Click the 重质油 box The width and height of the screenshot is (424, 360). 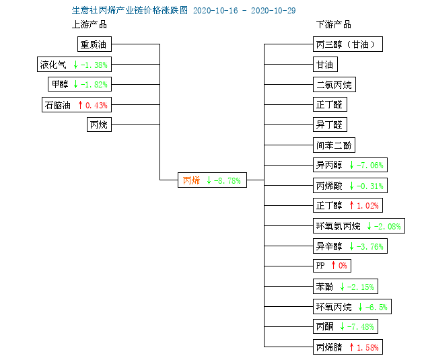(94, 44)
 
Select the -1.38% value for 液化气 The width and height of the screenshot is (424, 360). (94, 65)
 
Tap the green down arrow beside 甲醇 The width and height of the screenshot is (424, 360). (75, 84)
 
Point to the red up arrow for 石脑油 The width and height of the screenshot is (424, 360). (80, 105)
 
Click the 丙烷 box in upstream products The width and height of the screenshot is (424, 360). (99, 124)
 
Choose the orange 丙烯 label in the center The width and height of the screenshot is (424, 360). (191, 180)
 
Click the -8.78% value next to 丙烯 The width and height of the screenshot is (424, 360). (227, 180)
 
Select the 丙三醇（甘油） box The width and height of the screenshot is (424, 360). (348, 44)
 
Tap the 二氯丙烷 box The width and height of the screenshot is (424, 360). (334, 85)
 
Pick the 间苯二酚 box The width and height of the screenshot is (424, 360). (334, 145)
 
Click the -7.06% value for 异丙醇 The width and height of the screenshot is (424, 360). (370, 165)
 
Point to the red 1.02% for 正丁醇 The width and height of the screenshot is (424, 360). (367, 206)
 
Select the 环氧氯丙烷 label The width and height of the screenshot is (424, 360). (339, 226)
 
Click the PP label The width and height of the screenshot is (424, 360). (320, 266)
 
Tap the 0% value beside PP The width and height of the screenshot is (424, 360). (343, 266)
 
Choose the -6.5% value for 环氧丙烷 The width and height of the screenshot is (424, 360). (376, 307)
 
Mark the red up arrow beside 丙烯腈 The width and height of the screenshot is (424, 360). (351, 347)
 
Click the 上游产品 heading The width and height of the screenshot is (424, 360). (90, 25)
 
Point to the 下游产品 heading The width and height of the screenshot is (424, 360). (334, 25)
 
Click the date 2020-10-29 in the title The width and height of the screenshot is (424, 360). (273, 11)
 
